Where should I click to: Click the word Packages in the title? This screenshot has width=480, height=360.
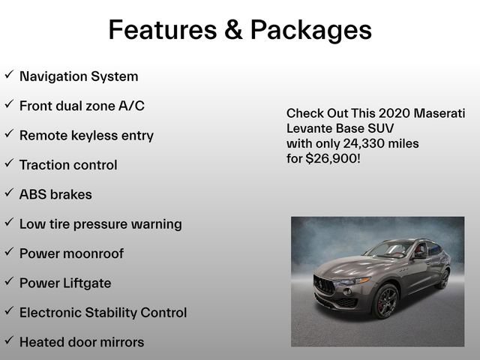[x=310, y=29]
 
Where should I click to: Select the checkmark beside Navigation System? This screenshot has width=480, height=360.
[x=9, y=75]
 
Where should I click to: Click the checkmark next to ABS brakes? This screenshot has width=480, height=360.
[x=9, y=193]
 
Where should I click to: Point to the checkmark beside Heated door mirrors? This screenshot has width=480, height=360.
[x=9, y=340]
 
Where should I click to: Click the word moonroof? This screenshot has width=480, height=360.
[x=93, y=253]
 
